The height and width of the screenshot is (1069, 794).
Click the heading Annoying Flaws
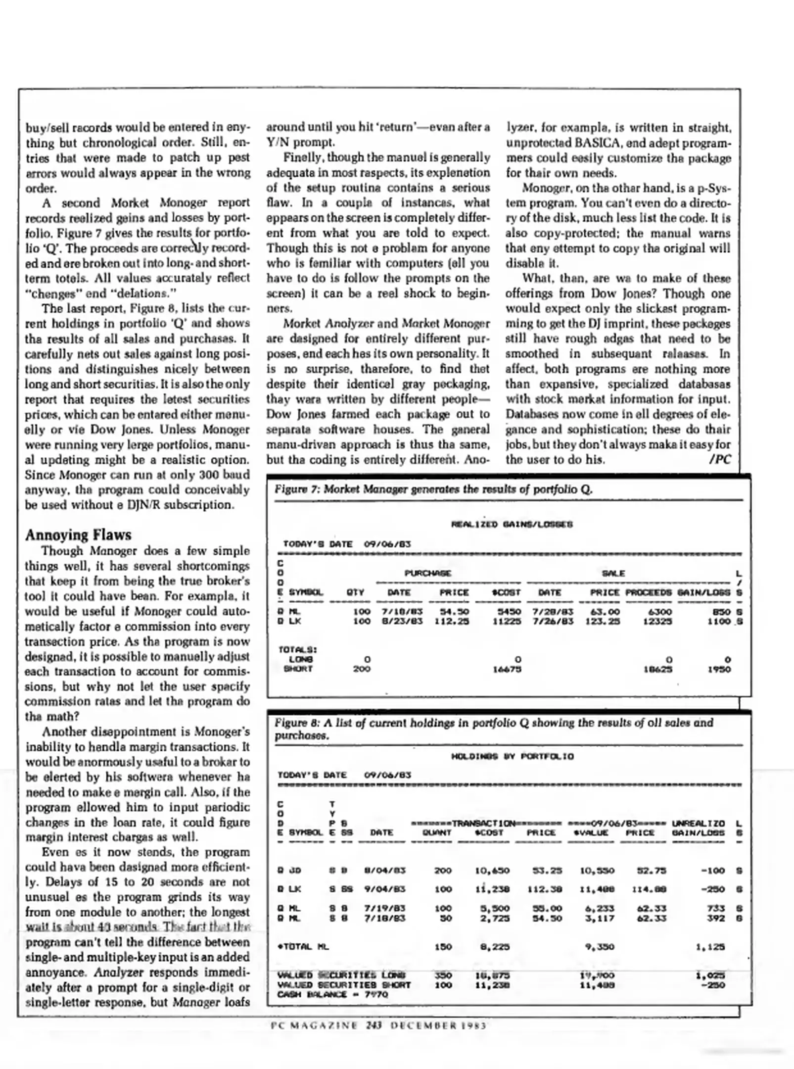[78, 535]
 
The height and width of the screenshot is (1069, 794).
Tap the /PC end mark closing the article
[720, 459]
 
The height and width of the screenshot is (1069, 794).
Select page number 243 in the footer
[374, 1025]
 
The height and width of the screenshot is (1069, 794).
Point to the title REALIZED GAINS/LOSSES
[512, 524]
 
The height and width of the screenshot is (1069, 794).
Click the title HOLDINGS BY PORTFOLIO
[512, 756]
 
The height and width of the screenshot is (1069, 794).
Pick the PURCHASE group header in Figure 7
[428, 573]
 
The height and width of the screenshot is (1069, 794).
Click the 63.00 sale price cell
[605, 612]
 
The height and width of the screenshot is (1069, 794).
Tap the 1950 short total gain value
[719, 669]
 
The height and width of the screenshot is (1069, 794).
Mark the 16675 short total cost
[507, 669]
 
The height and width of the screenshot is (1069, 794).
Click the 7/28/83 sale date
[553, 612]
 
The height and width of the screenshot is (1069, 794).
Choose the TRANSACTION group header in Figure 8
[484, 824]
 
